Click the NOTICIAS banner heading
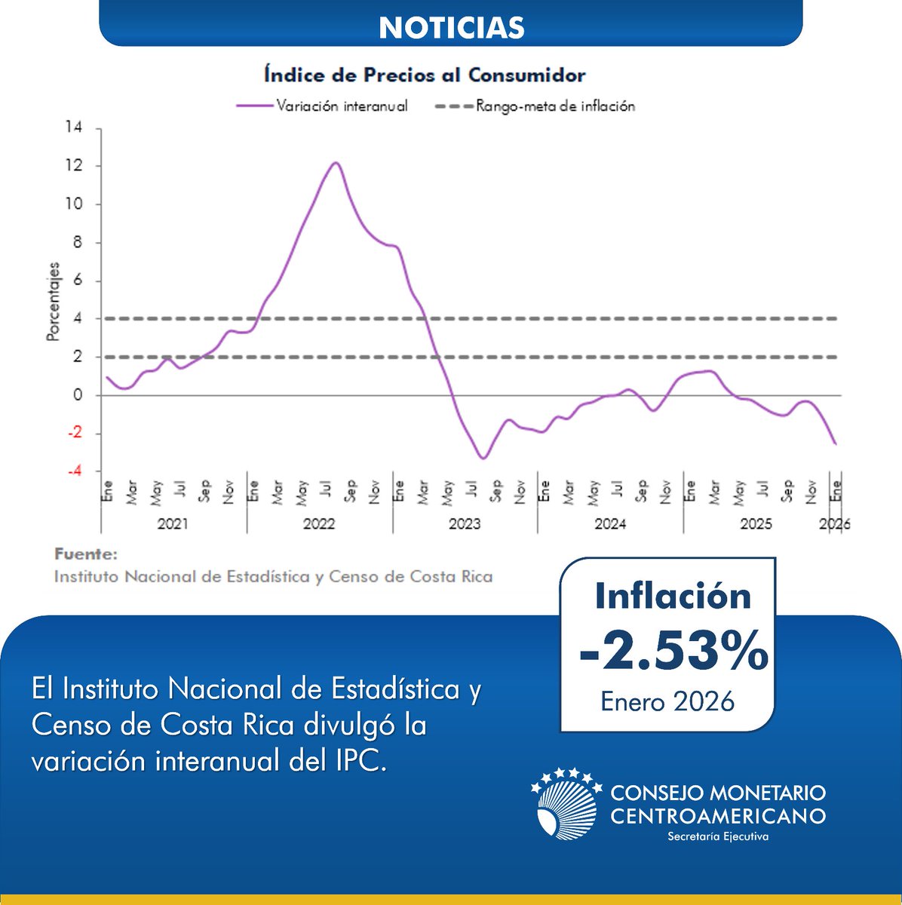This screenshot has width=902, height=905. coord(451,28)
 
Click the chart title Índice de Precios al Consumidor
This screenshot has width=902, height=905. coord(425,75)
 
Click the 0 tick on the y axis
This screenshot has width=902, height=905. coord(77,395)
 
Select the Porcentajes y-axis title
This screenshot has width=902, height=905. coord(53,302)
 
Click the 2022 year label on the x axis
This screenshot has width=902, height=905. coord(318,524)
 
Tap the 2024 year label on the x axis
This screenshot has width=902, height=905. coord(609,524)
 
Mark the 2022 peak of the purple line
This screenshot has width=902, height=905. coord(336,163)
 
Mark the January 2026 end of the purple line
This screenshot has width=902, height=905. coord(835,443)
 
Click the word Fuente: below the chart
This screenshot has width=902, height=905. coord(86,554)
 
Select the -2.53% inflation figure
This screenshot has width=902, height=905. coord(673,653)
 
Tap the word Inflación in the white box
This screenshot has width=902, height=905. coord(673,596)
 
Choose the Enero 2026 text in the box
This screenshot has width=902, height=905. coord(667,701)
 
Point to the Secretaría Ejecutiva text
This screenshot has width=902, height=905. coord(718,836)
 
